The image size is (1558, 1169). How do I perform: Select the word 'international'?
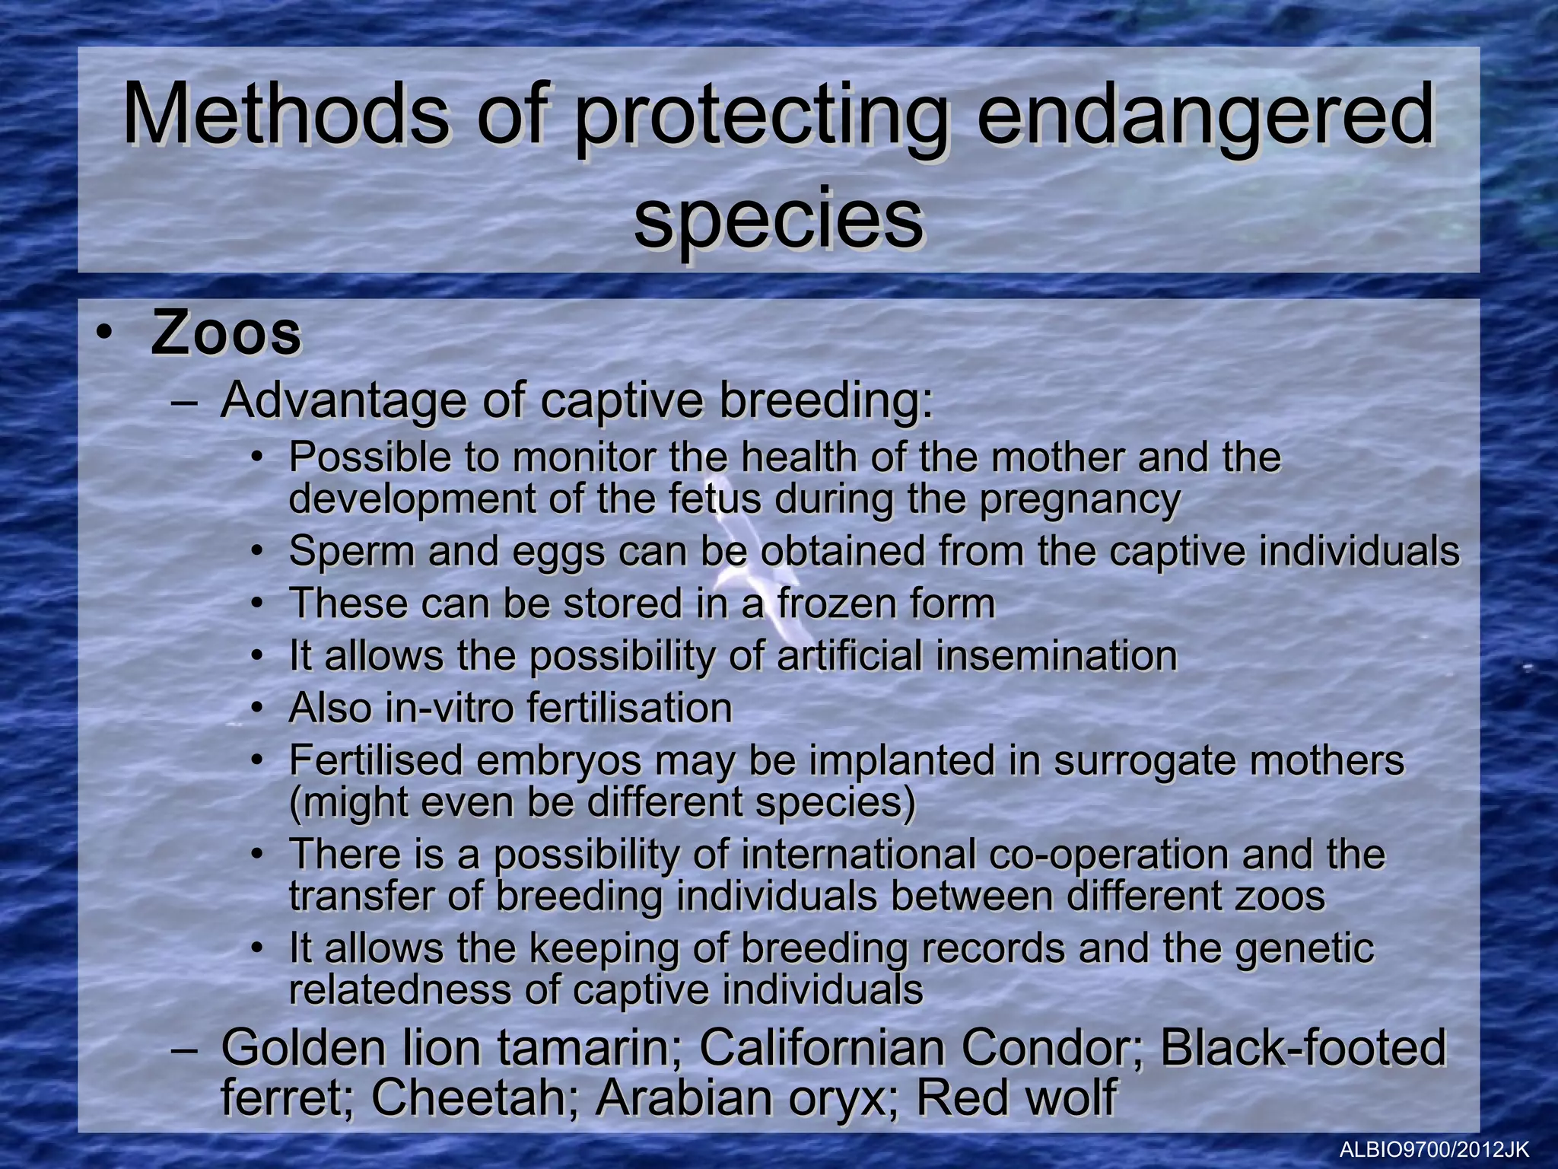(858, 854)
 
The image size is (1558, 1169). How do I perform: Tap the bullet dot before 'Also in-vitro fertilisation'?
(258, 709)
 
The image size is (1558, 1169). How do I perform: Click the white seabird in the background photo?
(761, 563)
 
